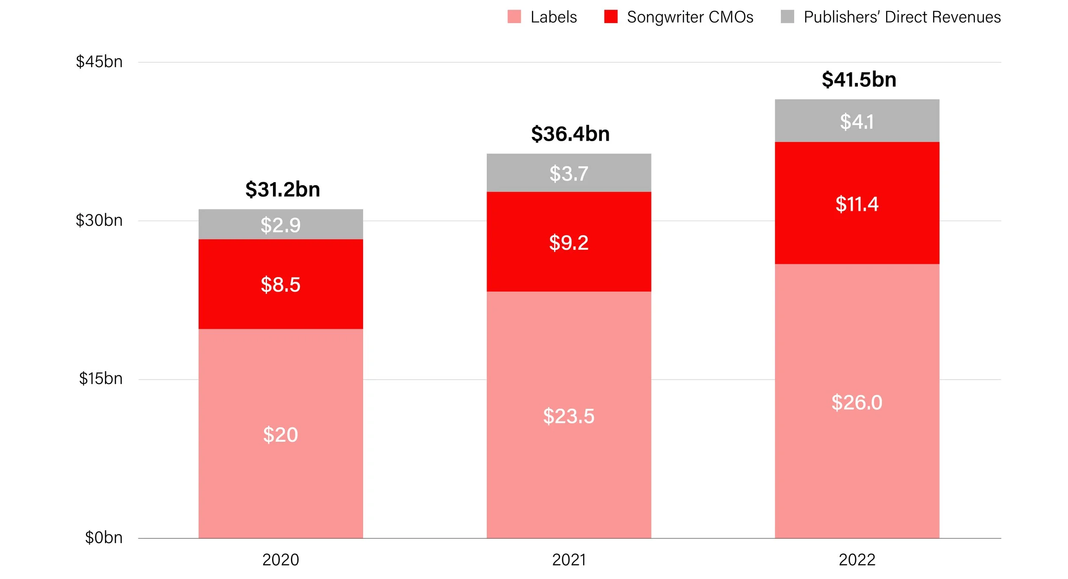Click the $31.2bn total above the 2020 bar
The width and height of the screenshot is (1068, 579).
[282, 189]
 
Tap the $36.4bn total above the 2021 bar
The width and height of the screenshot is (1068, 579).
[570, 134]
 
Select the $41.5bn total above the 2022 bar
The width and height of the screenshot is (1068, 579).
[859, 80]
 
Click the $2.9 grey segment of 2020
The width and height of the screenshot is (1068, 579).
[281, 225]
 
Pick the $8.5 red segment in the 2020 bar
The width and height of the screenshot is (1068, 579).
[281, 284]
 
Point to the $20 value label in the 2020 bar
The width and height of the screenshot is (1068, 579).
[281, 435]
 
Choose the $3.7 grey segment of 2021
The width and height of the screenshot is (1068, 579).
[569, 173]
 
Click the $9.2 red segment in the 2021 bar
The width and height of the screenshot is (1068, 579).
[569, 242]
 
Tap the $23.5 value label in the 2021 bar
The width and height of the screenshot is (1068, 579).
[569, 416]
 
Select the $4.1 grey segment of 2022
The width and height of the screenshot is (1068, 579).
[857, 121]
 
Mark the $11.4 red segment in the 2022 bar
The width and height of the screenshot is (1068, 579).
[857, 204]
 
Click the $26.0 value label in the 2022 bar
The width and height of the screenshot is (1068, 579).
[857, 402]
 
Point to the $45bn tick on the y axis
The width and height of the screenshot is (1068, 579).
[99, 62]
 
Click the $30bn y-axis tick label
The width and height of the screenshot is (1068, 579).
[99, 221]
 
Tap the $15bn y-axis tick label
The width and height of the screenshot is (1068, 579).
[101, 379]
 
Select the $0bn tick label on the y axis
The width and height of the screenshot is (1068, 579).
[104, 538]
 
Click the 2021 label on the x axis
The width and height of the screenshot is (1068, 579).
[569, 560]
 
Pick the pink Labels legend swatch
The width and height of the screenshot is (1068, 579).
[514, 17]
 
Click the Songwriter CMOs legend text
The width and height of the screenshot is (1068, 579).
[690, 17]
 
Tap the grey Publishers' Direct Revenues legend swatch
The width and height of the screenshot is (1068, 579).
[787, 17]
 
